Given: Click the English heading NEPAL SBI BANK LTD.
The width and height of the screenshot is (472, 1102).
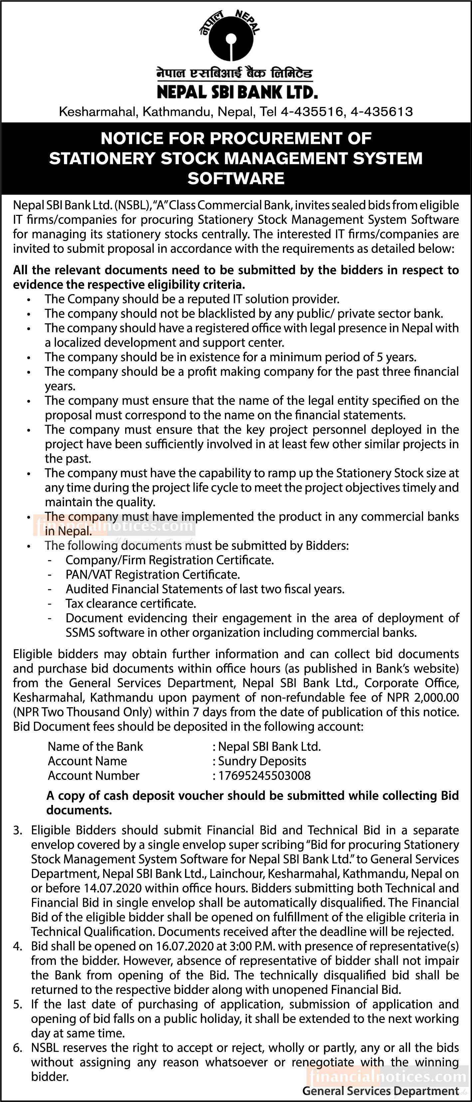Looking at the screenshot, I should coord(237,92).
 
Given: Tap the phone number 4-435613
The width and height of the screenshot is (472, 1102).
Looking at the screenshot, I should coord(381,112).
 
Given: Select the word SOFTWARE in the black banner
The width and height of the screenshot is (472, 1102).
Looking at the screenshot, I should coord(236,178).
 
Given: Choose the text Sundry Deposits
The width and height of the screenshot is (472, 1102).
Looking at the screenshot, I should coord(262,761).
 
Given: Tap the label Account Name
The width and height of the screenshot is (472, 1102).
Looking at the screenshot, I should coord(87,761).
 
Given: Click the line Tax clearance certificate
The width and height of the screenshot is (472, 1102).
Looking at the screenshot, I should coord(131,604).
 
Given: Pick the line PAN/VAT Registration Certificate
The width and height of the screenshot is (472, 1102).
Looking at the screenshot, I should coord(153,575).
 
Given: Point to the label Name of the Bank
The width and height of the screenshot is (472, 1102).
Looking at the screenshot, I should coord(95,747).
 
